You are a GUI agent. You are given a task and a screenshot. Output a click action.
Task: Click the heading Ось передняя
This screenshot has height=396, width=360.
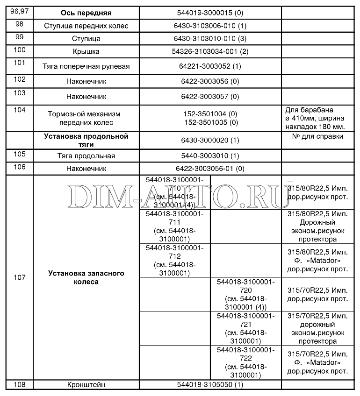coord(86,12)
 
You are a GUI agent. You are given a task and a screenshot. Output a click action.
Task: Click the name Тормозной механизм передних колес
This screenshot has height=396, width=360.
coord(86,118)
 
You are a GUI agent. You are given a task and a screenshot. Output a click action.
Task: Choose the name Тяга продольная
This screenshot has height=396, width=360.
coord(86,156)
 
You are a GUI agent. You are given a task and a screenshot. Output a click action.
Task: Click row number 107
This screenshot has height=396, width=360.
coord(19,277)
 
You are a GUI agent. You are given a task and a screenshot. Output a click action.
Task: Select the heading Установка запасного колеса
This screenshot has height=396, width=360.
coord(86,277)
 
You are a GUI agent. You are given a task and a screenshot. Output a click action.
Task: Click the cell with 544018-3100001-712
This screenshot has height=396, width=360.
coord(174,260)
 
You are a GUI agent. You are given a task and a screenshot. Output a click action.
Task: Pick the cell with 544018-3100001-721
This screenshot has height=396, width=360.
coord(245,328)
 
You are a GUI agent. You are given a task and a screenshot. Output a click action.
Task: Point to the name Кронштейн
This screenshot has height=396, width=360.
coord(86,385)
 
